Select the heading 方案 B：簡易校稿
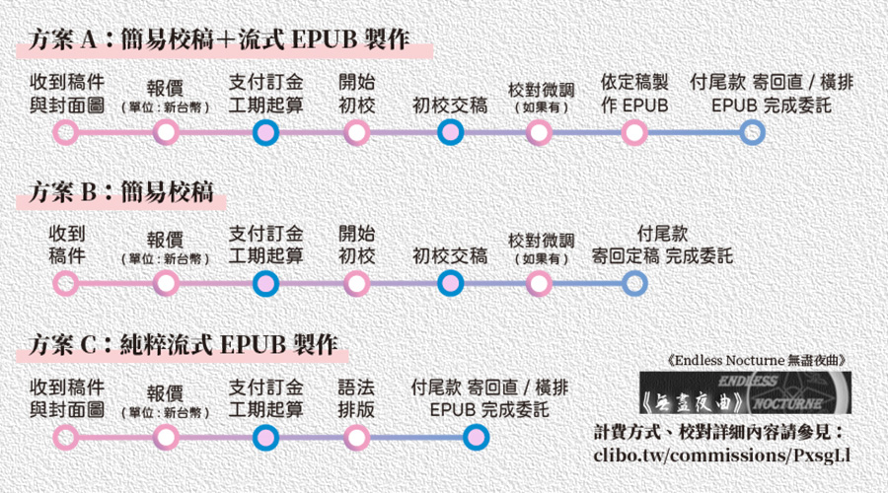coord(121,191)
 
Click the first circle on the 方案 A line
coord(65,131)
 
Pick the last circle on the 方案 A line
coord(752,131)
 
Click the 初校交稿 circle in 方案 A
coord(450,131)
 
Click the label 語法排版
coord(357,397)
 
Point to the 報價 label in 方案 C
coord(166,398)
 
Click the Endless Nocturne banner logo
coord(744,393)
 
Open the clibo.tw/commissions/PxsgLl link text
coord(722,456)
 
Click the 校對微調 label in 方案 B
coord(539,246)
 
